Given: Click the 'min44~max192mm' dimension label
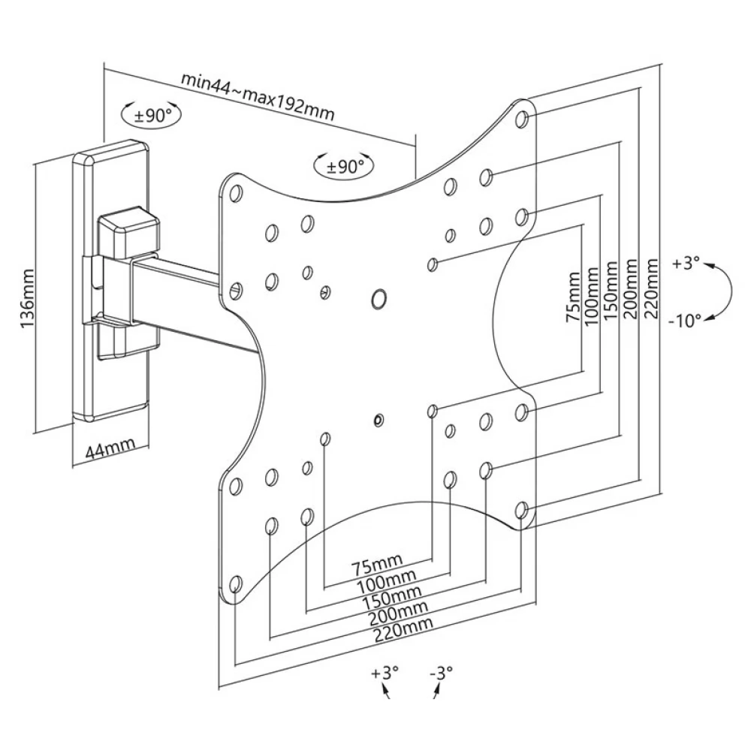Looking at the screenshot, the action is click(257, 97).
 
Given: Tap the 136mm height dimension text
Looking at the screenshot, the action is click(27, 298).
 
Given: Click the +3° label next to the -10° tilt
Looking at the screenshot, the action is click(686, 263).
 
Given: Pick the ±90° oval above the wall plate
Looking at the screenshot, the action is click(152, 114).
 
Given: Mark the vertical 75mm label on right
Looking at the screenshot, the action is click(573, 297).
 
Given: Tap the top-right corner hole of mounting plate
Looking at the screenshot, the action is click(522, 119).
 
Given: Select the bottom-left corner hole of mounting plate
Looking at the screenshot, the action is click(234, 584).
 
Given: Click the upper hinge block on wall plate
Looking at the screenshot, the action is click(128, 234).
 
